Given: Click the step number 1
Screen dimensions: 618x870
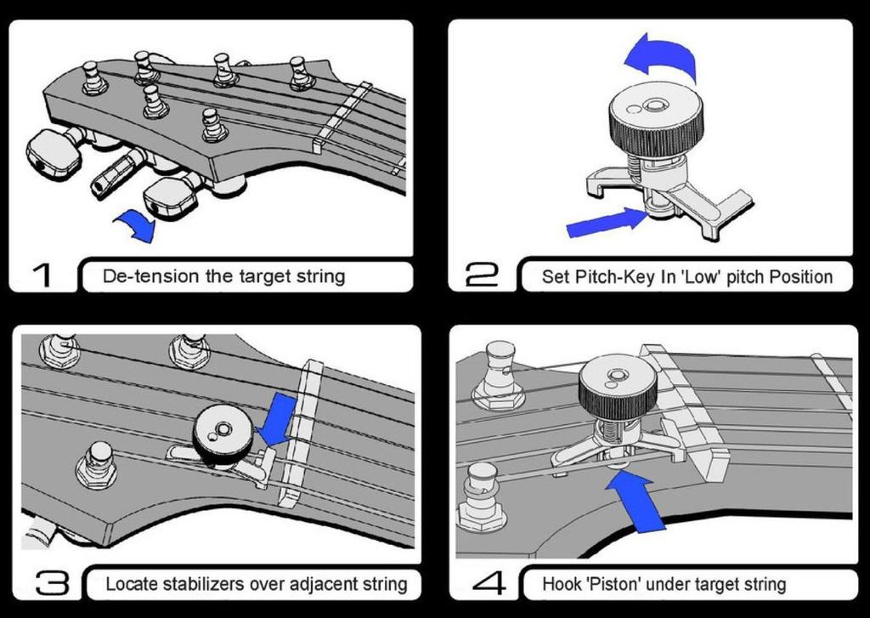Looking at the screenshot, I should (42, 275).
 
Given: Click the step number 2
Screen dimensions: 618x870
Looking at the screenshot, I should (483, 275).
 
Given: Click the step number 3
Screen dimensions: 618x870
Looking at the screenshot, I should (51, 583).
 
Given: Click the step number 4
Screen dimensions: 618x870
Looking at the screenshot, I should (488, 583).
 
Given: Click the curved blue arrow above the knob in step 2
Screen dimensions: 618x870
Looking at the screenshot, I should (661, 55).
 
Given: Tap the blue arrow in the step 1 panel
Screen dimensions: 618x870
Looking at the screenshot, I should (136, 225).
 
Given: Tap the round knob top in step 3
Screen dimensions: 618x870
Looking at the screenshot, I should (222, 432).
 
